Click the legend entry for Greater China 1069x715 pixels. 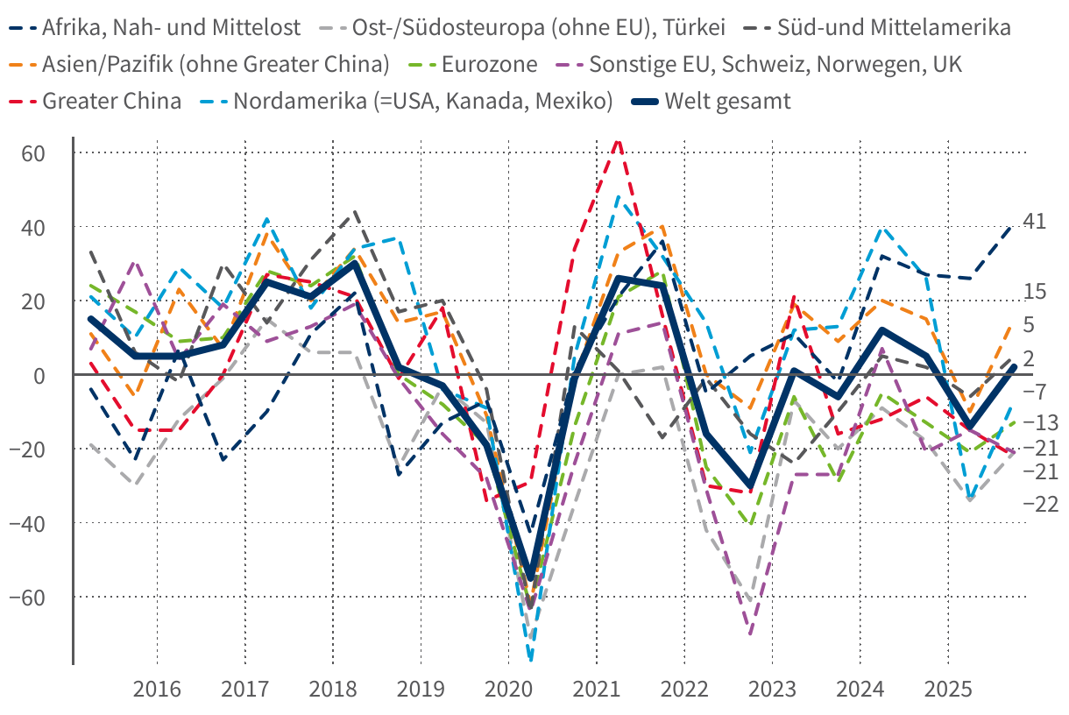111,101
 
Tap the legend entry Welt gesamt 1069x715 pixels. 727,101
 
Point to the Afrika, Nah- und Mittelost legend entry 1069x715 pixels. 171,27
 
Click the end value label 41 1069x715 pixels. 1035,222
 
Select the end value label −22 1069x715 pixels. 1041,504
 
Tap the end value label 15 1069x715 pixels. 1035,292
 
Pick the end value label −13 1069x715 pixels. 1041,422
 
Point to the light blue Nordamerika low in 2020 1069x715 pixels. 531,659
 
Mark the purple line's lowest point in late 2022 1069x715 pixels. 751,634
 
